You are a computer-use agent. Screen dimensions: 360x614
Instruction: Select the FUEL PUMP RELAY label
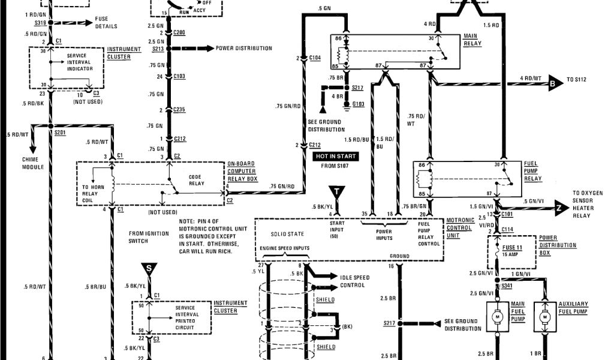(x=534, y=170)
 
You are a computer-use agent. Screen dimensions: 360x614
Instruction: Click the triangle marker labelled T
(x=338, y=193)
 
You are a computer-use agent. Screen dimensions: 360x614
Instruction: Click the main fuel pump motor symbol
(x=496, y=316)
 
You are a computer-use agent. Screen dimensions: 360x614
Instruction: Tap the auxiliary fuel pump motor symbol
(x=544, y=316)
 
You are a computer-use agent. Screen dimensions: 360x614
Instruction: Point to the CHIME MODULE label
(x=33, y=163)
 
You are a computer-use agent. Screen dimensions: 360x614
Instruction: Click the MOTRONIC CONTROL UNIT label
(x=460, y=228)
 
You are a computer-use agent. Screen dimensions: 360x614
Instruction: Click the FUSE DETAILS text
(x=106, y=23)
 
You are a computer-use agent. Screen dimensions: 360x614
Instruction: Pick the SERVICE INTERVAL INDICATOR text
(x=80, y=62)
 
